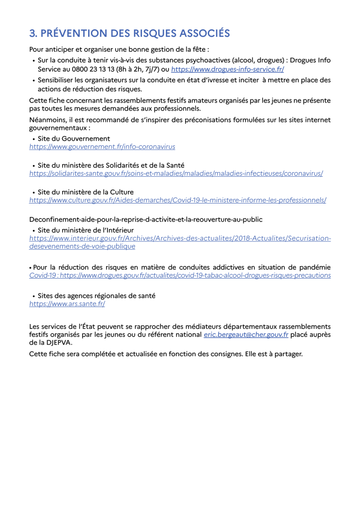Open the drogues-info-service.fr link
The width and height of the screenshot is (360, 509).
228,70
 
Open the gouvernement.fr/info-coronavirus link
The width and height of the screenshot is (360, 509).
102,147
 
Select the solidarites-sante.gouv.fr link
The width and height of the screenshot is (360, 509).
176,173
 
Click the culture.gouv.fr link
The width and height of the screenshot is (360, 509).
178,200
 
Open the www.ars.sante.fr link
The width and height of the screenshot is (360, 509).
67,303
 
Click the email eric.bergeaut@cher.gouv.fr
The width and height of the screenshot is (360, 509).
246,335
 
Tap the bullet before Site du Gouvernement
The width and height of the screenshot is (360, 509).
33,139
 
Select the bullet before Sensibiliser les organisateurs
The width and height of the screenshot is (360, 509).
33,80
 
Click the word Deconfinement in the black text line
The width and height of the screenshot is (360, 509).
54,219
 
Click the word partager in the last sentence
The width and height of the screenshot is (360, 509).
286,354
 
